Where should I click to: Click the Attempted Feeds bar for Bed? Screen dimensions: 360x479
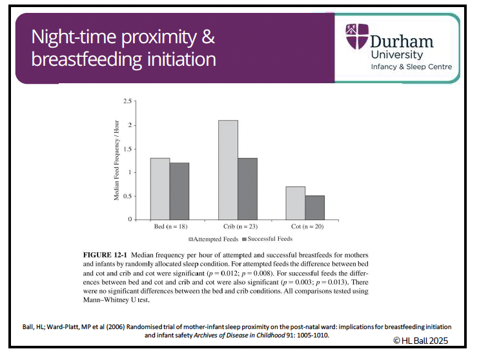[x=161, y=189]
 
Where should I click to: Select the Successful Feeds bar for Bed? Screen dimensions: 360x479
[x=180, y=191]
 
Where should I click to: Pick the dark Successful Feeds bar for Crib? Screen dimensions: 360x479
[x=248, y=189]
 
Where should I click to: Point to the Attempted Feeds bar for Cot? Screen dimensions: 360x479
[x=296, y=203]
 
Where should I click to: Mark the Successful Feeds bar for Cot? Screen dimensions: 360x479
[x=315, y=208]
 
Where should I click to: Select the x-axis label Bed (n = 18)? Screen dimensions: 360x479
[x=170, y=228]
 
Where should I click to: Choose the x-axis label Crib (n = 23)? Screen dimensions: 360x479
[x=238, y=228]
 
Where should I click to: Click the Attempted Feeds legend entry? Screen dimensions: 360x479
[x=212, y=239]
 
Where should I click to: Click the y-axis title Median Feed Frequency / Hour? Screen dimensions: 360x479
[x=117, y=160]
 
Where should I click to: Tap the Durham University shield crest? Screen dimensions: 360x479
[x=355, y=37]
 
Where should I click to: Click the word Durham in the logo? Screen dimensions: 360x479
[x=402, y=41]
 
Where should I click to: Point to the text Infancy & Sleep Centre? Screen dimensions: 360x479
[x=411, y=67]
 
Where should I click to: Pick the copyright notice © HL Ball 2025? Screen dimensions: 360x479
[x=420, y=340]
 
